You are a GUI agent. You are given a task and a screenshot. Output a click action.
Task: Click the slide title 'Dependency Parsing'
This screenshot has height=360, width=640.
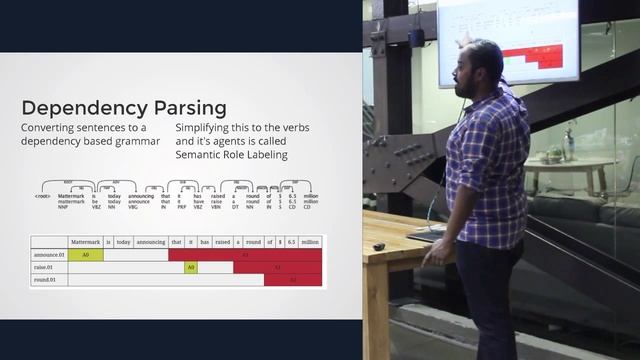(x=124, y=108)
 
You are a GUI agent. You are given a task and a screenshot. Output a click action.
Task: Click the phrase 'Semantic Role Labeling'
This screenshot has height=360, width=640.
(x=231, y=155)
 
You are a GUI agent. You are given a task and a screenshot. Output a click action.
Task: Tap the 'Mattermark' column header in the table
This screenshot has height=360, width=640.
(x=84, y=242)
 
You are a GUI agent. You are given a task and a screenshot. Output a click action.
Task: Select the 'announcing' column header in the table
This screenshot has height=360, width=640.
(x=150, y=242)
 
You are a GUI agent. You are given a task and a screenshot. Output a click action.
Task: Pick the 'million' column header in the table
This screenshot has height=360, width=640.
(x=310, y=242)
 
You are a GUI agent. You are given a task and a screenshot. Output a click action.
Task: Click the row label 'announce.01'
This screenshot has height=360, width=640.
(x=49, y=255)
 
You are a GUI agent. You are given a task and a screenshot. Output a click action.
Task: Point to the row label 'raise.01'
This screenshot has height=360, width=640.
(x=45, y=268)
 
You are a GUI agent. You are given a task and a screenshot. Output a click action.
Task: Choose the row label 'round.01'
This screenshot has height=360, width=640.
(x=46, y=280)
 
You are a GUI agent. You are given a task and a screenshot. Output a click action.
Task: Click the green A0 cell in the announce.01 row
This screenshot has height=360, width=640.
(x=86, y=255)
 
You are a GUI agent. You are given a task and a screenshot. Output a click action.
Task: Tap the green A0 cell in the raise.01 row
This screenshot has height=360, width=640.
(x=191, y=268)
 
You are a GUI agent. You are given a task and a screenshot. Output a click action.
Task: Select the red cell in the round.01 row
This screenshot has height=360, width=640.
(x=293, y=280)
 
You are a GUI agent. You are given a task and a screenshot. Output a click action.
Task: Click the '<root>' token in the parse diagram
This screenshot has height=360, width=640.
(x=42, y=198)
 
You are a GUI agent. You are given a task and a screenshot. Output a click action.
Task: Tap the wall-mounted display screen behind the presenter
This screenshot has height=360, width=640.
(x=507, y=40)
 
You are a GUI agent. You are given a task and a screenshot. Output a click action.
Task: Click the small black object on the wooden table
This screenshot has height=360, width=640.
(x=379, y=247)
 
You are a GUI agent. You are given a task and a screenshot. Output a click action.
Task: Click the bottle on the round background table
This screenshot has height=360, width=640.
(x=568, y=146)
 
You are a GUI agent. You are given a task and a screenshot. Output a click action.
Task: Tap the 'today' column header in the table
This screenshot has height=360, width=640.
(x=123, y=242)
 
